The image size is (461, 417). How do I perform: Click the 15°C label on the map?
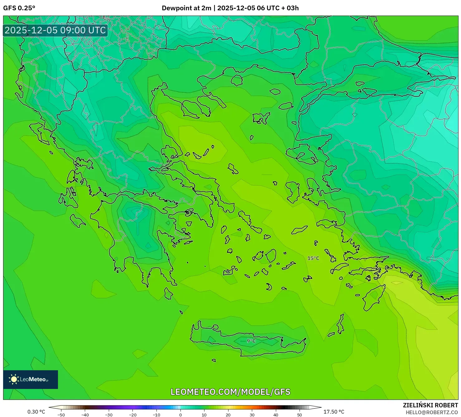click(x=313, y=258)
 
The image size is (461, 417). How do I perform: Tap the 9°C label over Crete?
click(x=251, y=341)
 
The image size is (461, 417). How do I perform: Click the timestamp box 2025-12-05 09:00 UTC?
click(x=55, y=30)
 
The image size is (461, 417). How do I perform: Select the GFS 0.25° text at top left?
click(x=19, y=8)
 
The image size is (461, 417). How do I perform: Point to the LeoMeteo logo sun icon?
click(x=14, y=379)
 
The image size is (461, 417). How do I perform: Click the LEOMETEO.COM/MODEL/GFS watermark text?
click(x=230, y=392)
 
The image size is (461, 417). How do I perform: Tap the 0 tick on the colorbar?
click(x=180, y=415)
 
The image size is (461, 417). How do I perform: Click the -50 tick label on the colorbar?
click(x=61, y=415)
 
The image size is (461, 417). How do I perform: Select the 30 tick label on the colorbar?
click(x=252, y=415)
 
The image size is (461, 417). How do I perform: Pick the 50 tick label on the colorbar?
click(x=300, y=415)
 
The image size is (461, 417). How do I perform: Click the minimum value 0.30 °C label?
click(x=36, y=412)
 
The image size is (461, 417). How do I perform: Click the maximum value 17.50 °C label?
click(x=334, y=412)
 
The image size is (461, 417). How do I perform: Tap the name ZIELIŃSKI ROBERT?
click(x=430, y=405)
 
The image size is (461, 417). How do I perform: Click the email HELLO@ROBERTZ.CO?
click(x=432, y=412)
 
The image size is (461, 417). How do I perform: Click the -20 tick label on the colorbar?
click(x=133, y=415)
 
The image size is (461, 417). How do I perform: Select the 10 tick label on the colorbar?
click(x=204, y=415)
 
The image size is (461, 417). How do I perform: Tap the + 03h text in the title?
click(x=290, y=8)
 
